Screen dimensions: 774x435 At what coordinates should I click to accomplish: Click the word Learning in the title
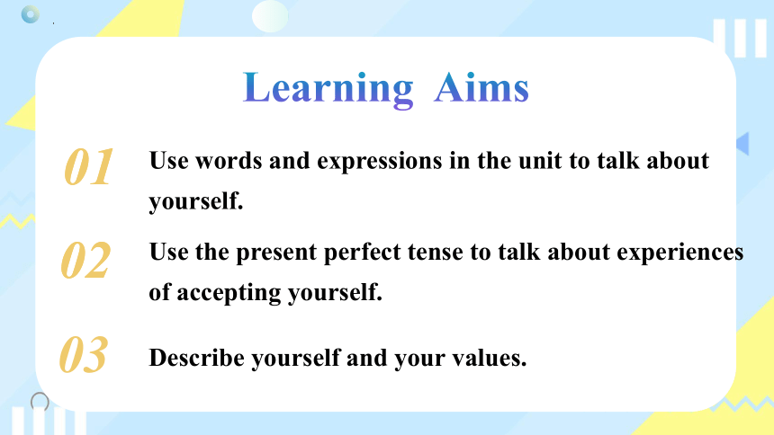pyautogui.click(x=328, y=89)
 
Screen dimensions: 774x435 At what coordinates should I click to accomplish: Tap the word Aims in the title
pyautogui.click(x=481, y=88)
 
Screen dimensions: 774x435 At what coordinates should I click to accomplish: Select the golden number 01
pyautogui.click(x=88, y=167)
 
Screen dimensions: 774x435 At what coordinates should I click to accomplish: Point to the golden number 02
pyautogui.click(x=85, y=260)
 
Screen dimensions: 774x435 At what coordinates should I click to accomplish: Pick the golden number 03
pyautogui.click(x=83, y=355)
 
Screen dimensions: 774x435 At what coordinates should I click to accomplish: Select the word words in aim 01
pyautogui.click(x=229, y=161)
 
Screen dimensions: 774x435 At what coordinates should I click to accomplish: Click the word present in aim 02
pyautogui.click(x=276, y=253)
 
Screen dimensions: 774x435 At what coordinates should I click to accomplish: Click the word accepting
pyautogui.click(x=229, y=294)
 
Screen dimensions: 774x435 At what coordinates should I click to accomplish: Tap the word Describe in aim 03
pyautogui.click(x=196, y=358)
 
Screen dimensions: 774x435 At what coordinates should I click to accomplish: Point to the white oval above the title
pyautogui.click(x=270, y=16)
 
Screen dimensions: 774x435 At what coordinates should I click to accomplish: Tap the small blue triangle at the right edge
pyautogui.click(x=742, y=144)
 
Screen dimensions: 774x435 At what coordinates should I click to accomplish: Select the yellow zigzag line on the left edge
pyautogui.click(x=17, y=220)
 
